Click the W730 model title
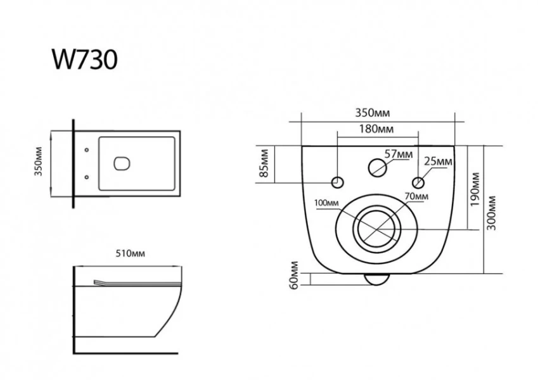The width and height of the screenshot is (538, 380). pos(84,61)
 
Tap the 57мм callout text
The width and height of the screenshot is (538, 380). pos(399,153)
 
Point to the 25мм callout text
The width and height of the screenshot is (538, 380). pos(438,161)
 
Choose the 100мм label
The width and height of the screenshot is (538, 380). pos(326,203)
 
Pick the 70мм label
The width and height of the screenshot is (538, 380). pos(416,197)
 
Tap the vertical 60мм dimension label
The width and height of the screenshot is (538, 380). pos(293,275)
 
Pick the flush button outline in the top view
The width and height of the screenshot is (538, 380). pos(122,163)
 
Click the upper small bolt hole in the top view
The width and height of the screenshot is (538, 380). pos(87,150)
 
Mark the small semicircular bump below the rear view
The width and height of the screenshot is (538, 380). pos(378,279)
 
